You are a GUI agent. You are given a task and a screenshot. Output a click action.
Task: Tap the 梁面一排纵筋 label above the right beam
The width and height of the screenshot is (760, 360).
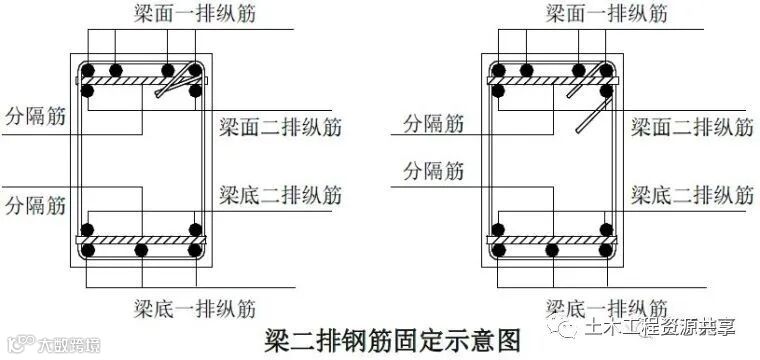click(607, 14)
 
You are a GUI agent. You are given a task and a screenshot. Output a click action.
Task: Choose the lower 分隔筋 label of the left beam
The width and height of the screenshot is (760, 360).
click(35, 206)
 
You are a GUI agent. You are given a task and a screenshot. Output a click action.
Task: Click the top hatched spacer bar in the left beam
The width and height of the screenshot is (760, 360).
click(141, 80)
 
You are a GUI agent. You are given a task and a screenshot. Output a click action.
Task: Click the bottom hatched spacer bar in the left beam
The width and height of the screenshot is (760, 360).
click(141, 240)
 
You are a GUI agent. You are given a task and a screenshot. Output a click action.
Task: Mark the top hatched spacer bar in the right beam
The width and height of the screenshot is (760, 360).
click(553, 80)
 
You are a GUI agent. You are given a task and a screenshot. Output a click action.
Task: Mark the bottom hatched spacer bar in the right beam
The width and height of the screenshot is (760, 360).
click(553, 240)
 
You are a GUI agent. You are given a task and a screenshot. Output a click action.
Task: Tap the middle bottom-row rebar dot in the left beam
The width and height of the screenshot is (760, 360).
click(141, 250)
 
